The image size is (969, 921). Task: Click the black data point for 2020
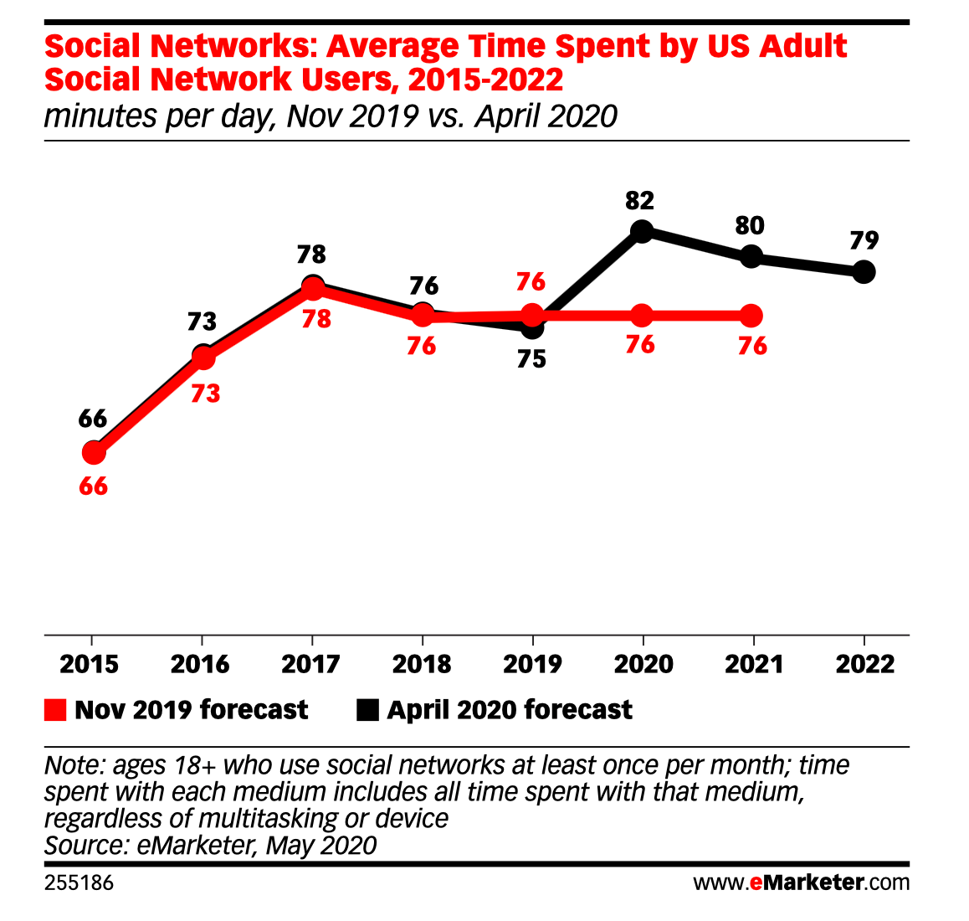pyautogui.click(x=642, y=231)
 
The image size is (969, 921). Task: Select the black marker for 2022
pyautogui.click(x=864, y=271)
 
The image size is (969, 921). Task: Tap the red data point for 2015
pyautogui.click(x=94, y=453)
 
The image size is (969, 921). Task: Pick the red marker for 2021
pyautogui.click(x=751, y=316)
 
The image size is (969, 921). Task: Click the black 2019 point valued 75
pyautogui.click(x=532, y=327)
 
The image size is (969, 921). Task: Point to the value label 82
pyautogui.click(x=640, y=201)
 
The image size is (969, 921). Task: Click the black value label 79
pyautogui.click(x=864, y=241)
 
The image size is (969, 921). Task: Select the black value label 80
pyautogui.click(x=751, y=226)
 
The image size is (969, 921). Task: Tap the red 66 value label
pyautogui.click(x=94, y=486)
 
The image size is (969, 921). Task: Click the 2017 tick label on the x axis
pyautogui.click(x=311, y=665)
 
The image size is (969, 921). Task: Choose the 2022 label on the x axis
pyautogui.click(x=865, y=665)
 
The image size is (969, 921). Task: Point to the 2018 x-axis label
pyautogui.click(x=422, y=665)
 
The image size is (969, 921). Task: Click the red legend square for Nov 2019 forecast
pyautogui.click(x=55, y=710)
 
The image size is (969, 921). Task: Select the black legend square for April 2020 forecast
pyautogui.click(x=367, y=710)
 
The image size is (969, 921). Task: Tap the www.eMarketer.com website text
pyautogui.click(x=801, y=882)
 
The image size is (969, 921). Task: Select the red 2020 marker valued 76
pyautogui.click(x=642, y=316)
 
